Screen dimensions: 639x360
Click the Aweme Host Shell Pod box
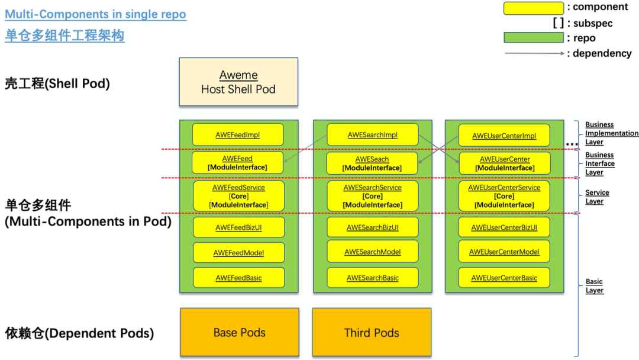point(238,82)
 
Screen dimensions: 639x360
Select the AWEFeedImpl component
point(238,134)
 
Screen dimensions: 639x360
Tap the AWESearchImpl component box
point(373,134)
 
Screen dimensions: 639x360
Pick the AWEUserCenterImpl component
point(504,136)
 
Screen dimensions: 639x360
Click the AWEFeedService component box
point(239,196)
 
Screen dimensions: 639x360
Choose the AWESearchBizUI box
point(373,227)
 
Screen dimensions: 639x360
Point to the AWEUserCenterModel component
point(504,252)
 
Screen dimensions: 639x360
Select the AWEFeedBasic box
point(239,278)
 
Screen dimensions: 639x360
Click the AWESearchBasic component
point(373,278)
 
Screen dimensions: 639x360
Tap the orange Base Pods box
point(240,332)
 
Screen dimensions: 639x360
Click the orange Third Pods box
point(372,332)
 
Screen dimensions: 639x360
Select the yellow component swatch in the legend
point(534,8)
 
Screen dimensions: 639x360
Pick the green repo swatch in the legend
point(534,37)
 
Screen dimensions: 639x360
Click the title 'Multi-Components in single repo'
point(95,14)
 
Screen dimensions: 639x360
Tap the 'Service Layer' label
point(597,197)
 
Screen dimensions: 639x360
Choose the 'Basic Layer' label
point(595,286)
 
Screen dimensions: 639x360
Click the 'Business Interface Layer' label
point(600,163)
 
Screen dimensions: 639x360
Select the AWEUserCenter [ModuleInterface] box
point(505,163)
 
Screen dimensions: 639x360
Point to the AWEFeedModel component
point(239,252)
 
